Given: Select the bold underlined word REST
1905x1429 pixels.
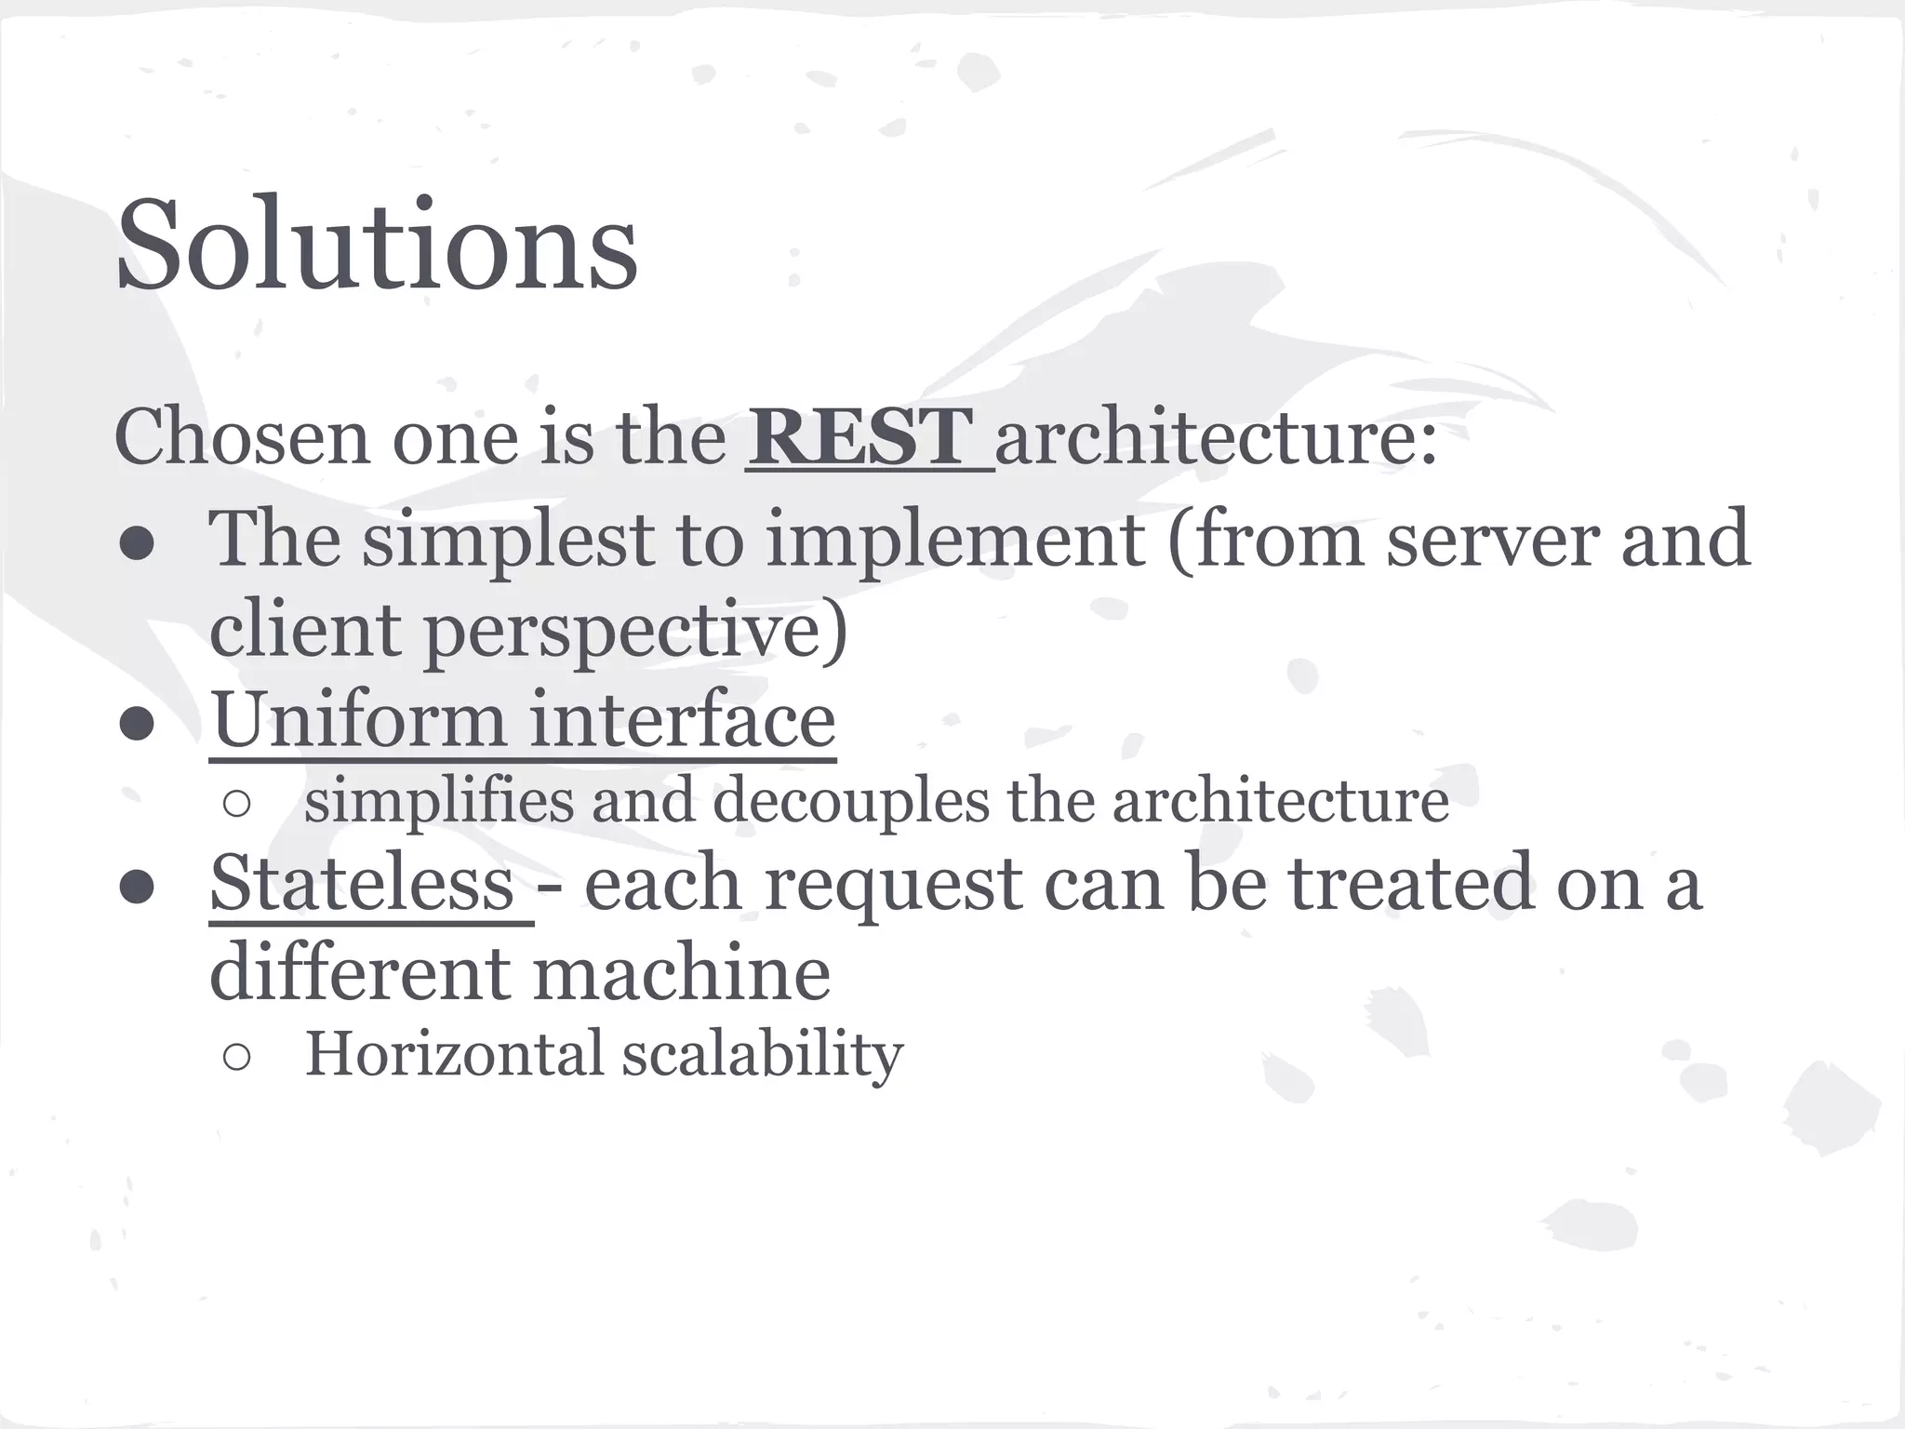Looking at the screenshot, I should (860, 437).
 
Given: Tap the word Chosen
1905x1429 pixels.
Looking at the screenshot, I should (243, 437).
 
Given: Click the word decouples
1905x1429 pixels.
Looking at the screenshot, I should (850, 801).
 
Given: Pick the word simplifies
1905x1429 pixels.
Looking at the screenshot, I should (439, 801).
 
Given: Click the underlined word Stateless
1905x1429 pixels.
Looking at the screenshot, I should (362, 884).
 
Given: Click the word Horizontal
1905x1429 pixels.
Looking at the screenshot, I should (455, 1055).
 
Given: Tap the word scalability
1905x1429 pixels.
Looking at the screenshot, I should (763, 1055).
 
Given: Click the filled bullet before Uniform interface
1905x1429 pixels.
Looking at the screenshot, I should (136, 725).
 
